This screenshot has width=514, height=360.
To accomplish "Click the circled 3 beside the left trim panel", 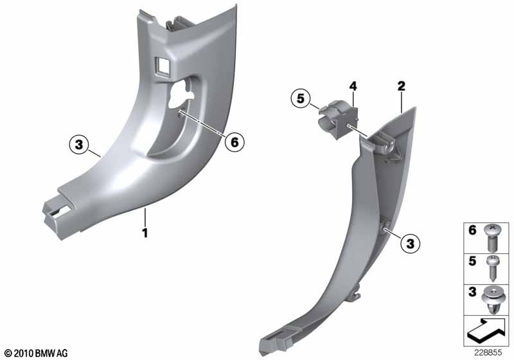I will point(78,145).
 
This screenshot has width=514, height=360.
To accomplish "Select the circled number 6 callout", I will point(234,142).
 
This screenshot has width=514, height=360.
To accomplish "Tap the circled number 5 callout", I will point(299,100).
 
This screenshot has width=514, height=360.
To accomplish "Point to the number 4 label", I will point(353,85).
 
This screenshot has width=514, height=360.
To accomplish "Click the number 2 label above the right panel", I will point(401,85).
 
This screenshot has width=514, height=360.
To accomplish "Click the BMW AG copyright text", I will point(36,353).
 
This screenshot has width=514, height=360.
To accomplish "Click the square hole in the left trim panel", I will point(162,64).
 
